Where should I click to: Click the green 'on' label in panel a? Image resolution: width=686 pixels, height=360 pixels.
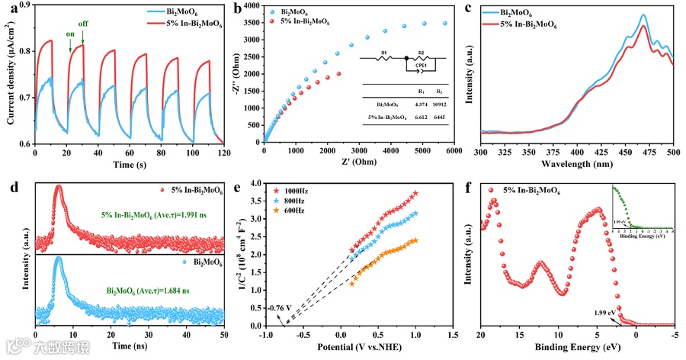pos(69,34)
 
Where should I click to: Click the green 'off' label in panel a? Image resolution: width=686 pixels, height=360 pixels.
pos(83,24)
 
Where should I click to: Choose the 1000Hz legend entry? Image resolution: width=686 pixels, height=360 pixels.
pos(295,188)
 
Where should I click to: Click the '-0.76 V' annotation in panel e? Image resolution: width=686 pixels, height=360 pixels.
pos(281,308)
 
